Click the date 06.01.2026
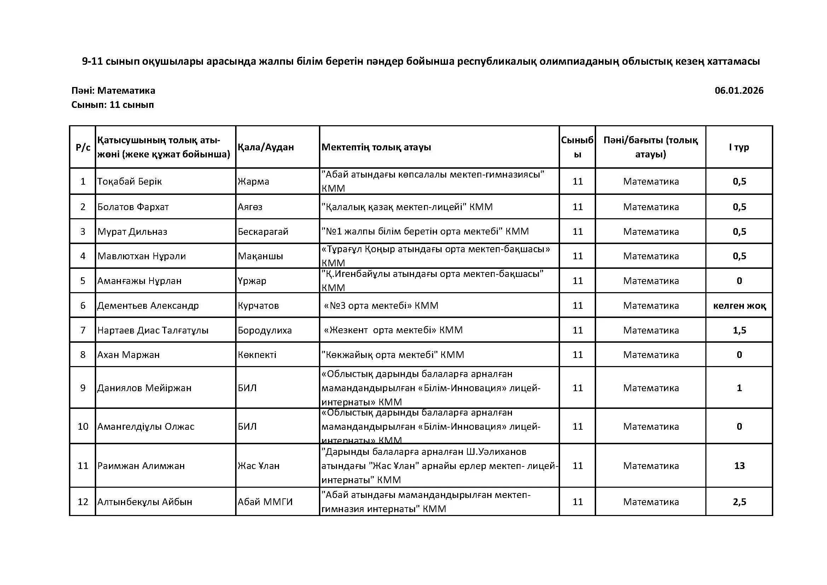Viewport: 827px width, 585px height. [739, 91]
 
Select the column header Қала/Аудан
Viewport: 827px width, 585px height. [266, 147]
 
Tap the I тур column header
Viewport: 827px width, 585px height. [739, 147]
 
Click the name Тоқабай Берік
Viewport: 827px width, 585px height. [130, 181]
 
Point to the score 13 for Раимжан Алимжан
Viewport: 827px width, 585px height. [739, 466]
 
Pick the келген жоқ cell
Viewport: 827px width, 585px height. [739, 306]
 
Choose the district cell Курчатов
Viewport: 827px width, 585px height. [258, 306]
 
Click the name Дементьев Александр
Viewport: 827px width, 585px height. [148, 306]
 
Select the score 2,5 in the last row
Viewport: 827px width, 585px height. [739, 502]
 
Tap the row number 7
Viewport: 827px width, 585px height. [82, 330]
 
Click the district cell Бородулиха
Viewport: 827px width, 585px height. [265, 330]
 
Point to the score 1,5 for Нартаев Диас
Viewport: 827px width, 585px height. [739, 330]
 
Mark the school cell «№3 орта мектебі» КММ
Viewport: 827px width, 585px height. [381, 306]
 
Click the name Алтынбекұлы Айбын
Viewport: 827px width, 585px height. [145, 502]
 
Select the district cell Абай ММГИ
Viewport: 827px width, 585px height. [265, 502]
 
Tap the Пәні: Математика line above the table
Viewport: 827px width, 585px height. [113, 91]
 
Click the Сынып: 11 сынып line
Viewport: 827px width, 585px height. [112, 105]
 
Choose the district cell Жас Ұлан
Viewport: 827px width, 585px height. [258, 466]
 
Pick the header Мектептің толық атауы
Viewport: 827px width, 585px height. [376, 147]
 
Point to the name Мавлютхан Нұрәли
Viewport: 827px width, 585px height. [141, 256]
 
